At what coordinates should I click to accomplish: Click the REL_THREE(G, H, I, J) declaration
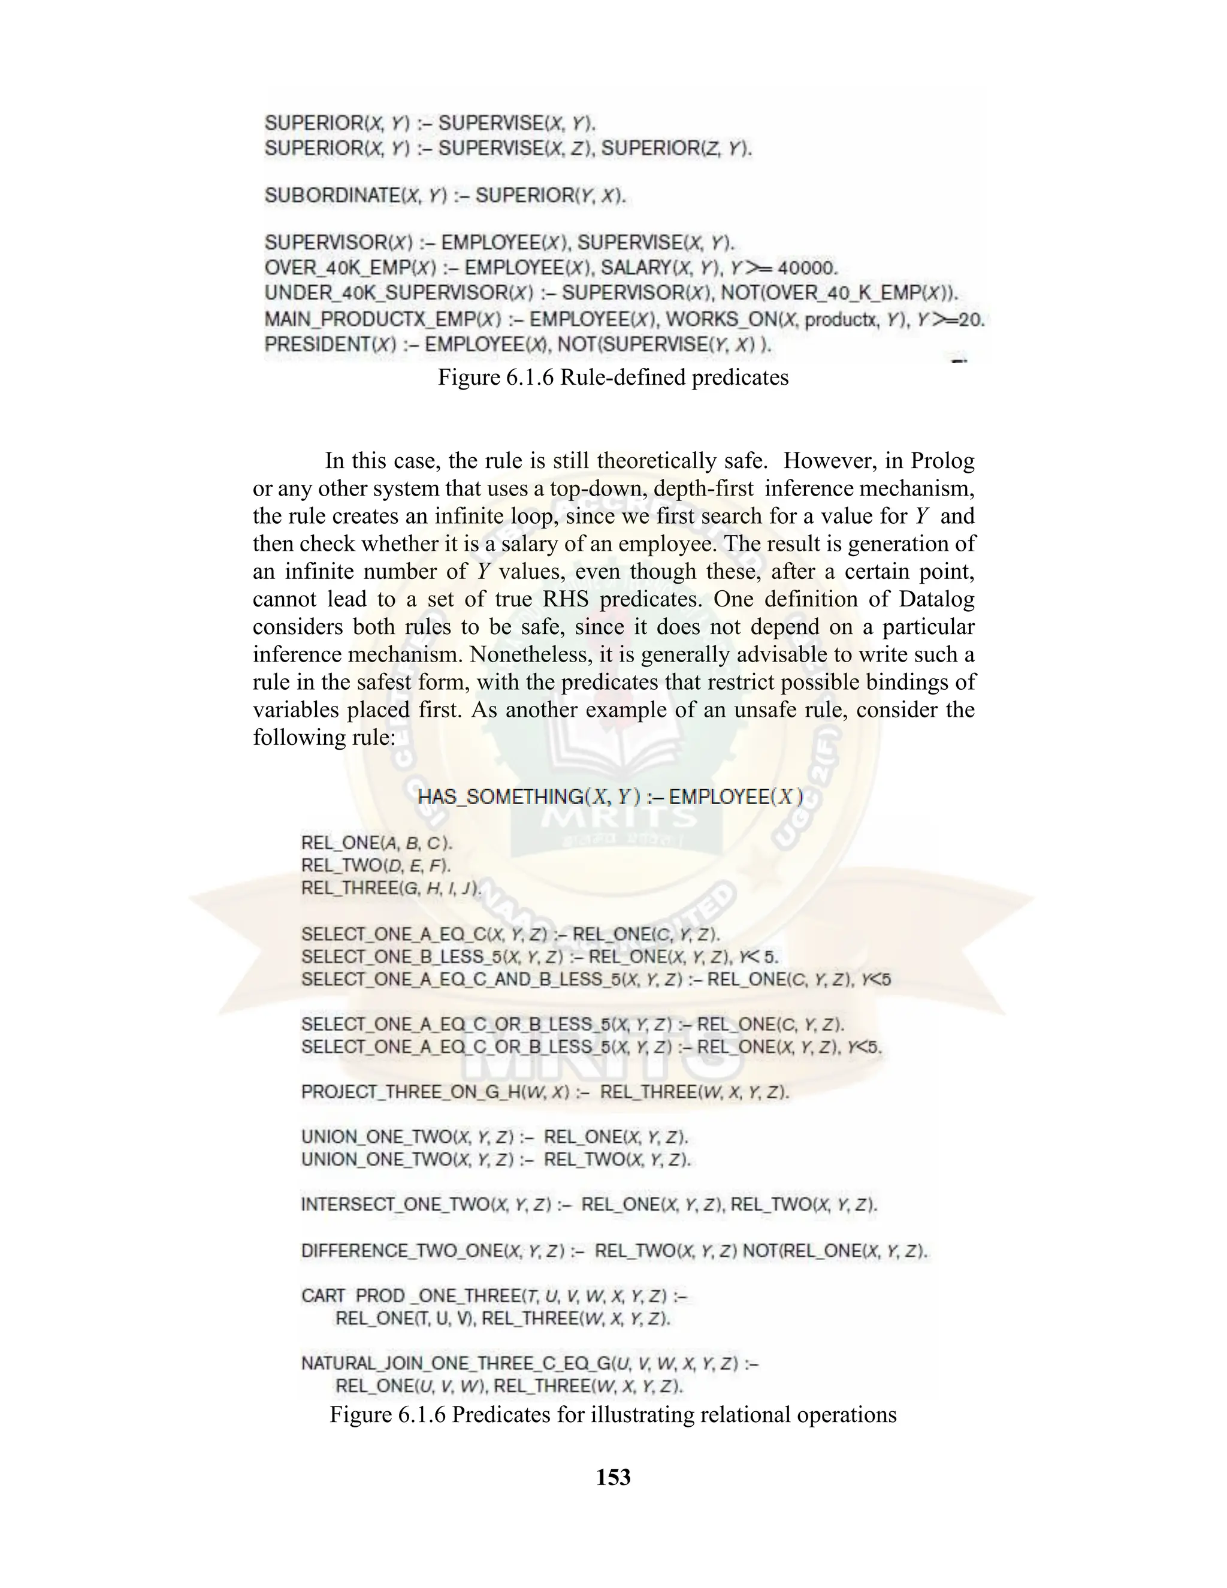391,888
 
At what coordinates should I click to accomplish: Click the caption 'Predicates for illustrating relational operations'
613,1415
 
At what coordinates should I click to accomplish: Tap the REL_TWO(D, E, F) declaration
376,865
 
